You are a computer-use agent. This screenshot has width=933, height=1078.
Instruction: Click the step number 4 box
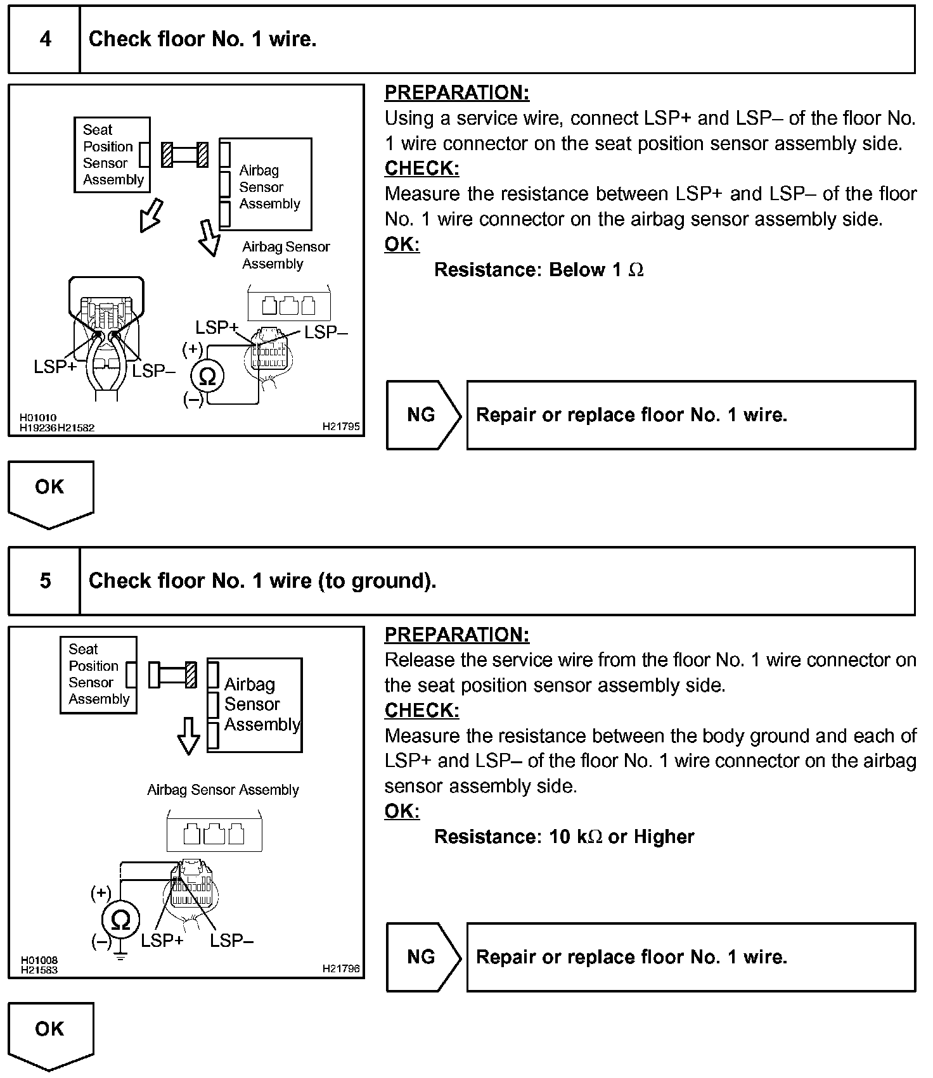click(x=44, y=39)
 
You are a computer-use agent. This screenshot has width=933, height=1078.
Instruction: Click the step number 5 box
click(x=44, y=581)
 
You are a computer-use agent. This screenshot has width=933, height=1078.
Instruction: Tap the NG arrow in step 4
click(x=422, y=415)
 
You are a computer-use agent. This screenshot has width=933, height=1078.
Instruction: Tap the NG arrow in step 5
click(x=422, y=957)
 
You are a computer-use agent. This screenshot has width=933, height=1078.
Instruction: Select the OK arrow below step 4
click(x=50, y=493)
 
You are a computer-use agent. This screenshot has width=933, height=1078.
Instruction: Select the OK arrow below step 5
click(x=50, y=1034)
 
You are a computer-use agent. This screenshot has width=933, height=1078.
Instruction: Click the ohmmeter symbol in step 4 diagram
click(x=207, y=377)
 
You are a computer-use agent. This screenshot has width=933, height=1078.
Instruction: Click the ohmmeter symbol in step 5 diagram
click(x=120, y=920)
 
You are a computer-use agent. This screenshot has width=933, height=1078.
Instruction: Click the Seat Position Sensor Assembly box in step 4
click(x=112, y=155)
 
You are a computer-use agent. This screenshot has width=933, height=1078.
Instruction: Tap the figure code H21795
click(x=341, y=427)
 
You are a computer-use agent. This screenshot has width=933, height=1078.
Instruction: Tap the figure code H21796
click(x=341, y=968)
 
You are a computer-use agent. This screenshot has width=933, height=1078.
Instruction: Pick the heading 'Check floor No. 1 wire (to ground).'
click(x=262, y=581)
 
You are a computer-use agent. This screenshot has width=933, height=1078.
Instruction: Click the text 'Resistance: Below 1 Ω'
click(x=539, y=270)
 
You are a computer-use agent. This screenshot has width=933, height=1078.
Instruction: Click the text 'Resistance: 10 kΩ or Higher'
click(x=564, y=837)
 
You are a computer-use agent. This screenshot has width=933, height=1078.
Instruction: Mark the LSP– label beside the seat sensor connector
click(x=153, y=371)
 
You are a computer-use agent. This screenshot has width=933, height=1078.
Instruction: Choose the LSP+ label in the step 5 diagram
click(x=162, y=941)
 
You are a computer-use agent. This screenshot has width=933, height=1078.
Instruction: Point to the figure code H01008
click(x=39, y=960)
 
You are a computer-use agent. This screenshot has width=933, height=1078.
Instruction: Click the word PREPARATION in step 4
click(x=457, y=92)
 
